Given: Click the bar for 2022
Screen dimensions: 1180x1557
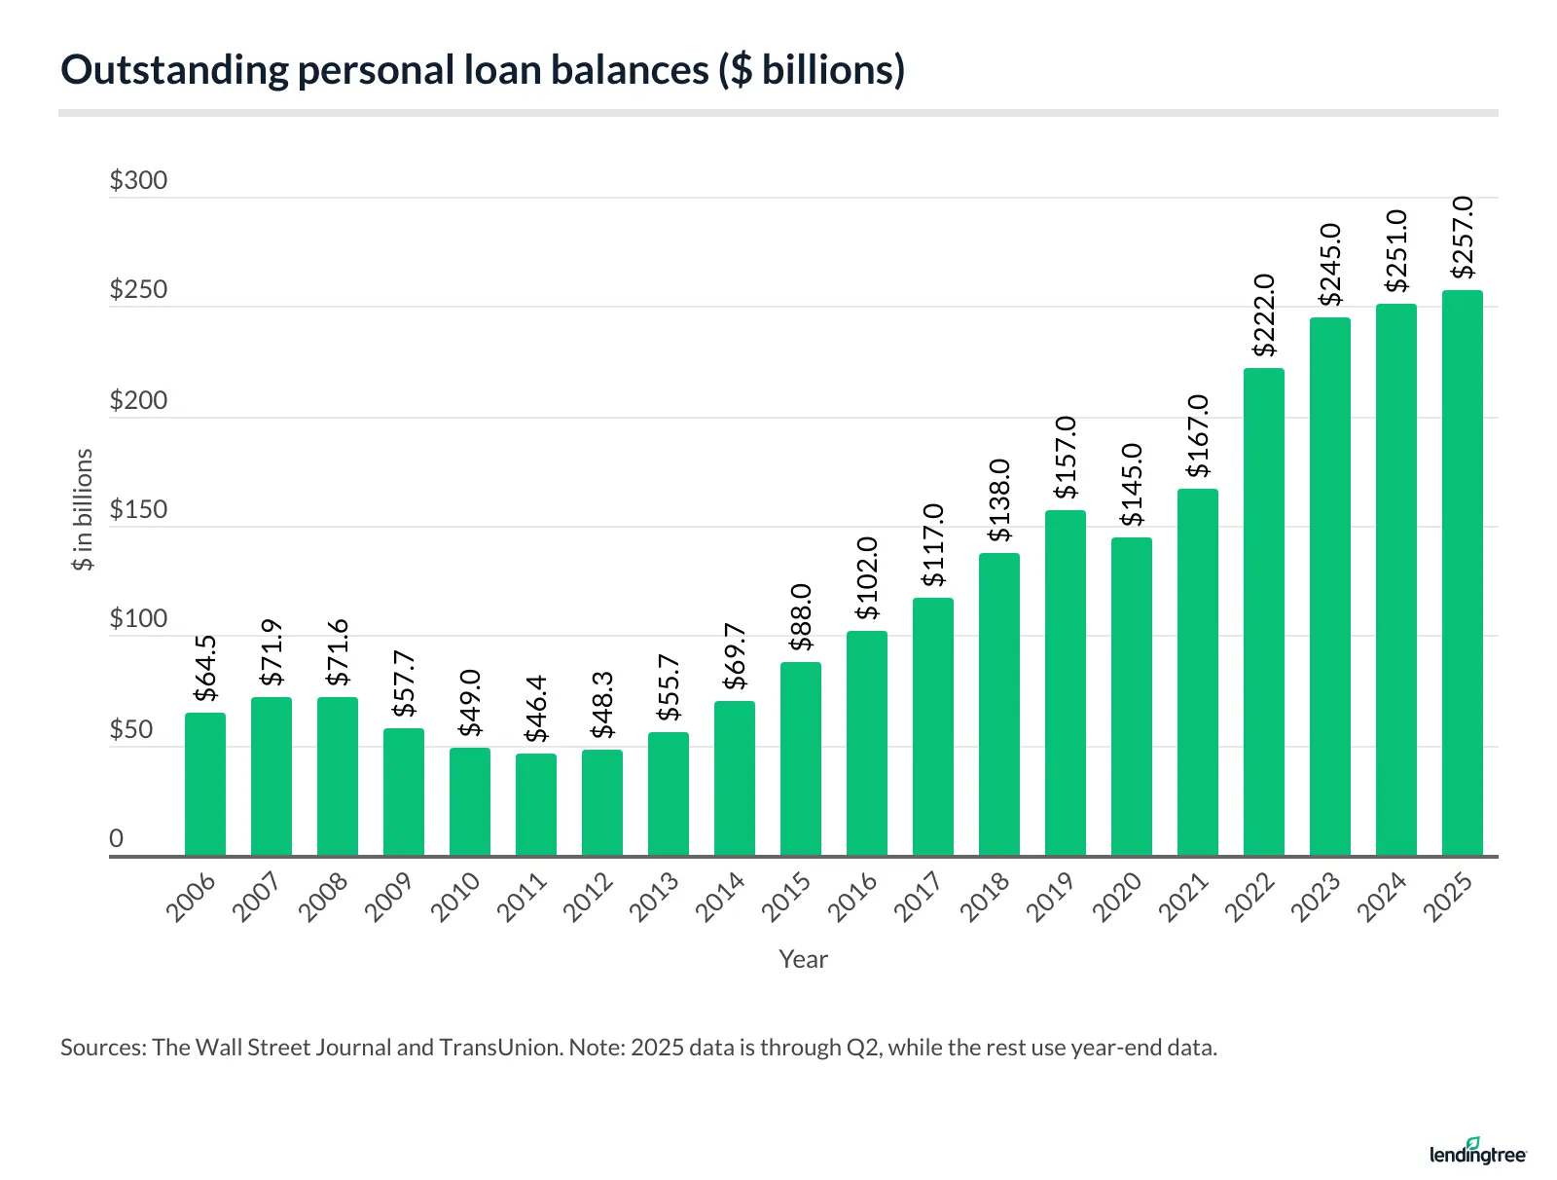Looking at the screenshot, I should coord(1263,612).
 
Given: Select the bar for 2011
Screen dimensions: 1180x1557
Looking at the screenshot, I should coord(536,805).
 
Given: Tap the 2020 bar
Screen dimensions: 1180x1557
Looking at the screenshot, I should coord(1131,697).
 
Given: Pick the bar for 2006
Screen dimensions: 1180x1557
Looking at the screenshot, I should coord(205,785).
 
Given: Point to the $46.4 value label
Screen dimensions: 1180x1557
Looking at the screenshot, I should coord(536,710).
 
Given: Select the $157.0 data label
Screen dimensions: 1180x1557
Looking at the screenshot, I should coord(1066,457).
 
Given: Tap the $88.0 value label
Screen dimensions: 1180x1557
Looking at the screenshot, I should coord(801,617).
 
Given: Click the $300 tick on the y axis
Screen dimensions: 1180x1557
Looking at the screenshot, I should coord(138,181).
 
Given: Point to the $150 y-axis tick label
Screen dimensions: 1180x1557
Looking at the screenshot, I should coord(138,510).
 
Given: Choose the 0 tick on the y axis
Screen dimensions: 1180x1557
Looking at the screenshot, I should coord(117,838).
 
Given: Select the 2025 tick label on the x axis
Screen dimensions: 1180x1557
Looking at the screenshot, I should coord(1448,897).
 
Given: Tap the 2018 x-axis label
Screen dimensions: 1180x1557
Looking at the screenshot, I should coord(985,897).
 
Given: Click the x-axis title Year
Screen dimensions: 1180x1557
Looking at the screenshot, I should coord(803,959).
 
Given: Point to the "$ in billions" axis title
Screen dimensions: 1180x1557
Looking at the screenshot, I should coord(84,509).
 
